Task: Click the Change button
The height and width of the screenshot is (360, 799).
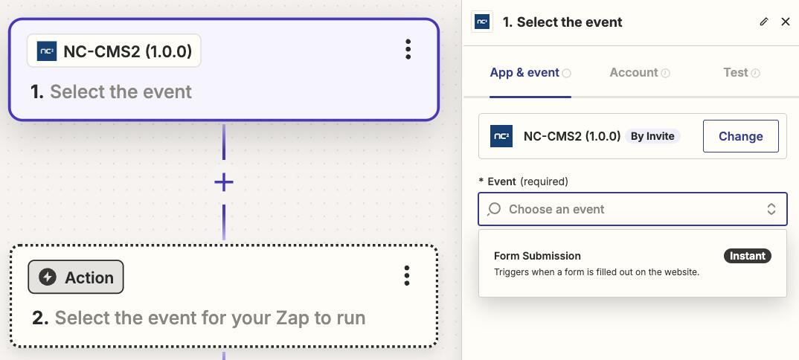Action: [x=740, y=136]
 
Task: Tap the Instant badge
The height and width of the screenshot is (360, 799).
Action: [x=748, y=256]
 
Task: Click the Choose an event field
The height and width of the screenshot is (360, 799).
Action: [x=632, y=209]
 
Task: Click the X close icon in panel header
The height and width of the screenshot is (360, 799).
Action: [x=786, y=22]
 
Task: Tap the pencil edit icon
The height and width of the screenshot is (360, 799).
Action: [x=763, y=22]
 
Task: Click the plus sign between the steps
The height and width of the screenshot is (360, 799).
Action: [x=224, y=182]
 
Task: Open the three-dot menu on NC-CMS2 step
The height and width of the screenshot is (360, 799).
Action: [x=408, y=49]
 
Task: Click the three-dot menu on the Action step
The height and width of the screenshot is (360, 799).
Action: [x=407, y=275]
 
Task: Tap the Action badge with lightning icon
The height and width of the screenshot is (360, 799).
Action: [x=76, y=277]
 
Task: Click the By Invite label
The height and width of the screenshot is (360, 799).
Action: [x=652, y=136]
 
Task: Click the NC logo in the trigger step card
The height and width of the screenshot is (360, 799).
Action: [x=47, y=51]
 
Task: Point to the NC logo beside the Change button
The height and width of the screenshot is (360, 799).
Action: [x=501, y=136]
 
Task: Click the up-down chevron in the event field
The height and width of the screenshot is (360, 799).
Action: [x=771, y=209]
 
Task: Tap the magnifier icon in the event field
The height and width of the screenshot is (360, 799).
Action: [x=494, y=209]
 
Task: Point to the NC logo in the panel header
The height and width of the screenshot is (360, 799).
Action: [x=482, y=22]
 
